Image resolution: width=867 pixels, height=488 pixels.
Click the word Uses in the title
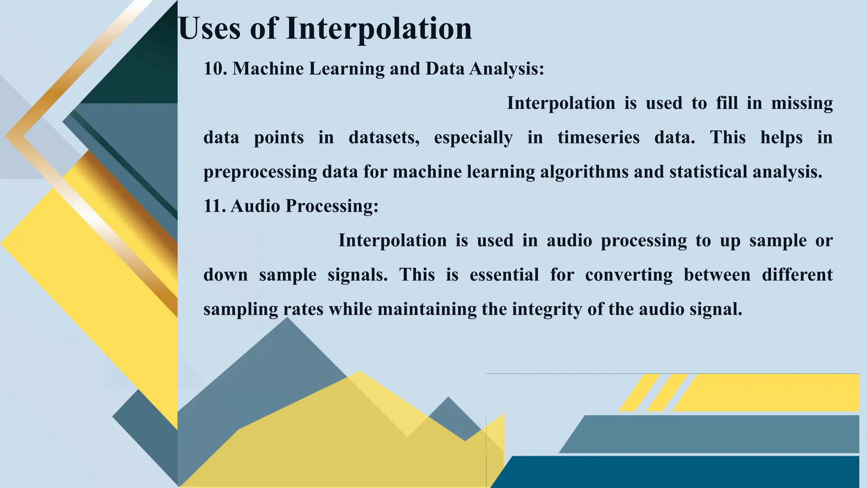pyautogui.click(x=210, y=29)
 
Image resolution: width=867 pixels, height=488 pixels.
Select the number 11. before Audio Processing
pyautogui.click(x=215, y=206)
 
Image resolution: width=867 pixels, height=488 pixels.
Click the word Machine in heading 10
pyautogui.click(x=268, y=69)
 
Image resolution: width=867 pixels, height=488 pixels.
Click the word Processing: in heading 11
pyautogui.click(x=331, y=206)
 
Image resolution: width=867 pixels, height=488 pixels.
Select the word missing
pyautogui.click(x=802, y=103)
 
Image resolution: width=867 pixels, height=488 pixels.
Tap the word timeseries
pyautogui.click(x=598, y=138)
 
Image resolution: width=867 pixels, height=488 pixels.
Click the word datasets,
pyautogui.click(x=384, y=138)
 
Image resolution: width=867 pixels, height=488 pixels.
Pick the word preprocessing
pyautogui.click(x=260, y=172)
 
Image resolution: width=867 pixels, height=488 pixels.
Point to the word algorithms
pyautogui.click(x=584, y=172)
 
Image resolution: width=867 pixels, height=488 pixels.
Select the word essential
pyautogui.click(x=504, y=275)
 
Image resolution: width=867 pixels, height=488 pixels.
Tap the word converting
pyautogui.click(x=629, y=275)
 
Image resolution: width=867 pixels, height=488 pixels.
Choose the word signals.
pyautogui.click(x=358, y=275)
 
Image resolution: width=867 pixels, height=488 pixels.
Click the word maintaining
pyautogui.click(x=427, y=309)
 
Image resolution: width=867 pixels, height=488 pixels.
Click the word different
pyautogui.click(x=797, y=275)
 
